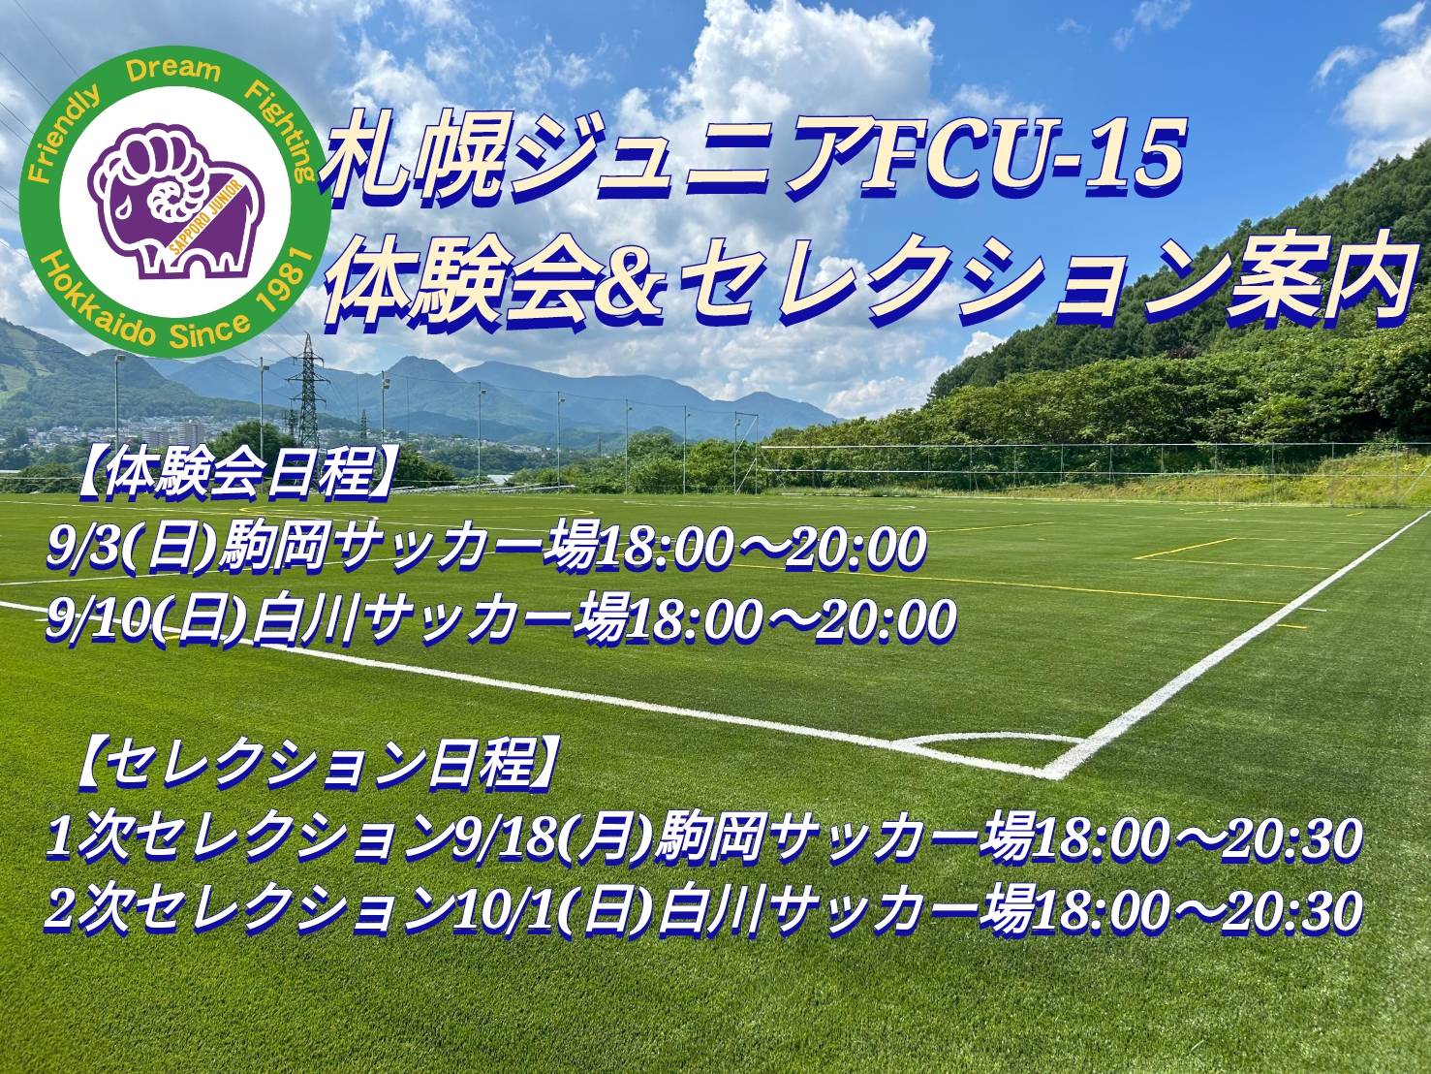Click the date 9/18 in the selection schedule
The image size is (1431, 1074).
click(504, 839)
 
